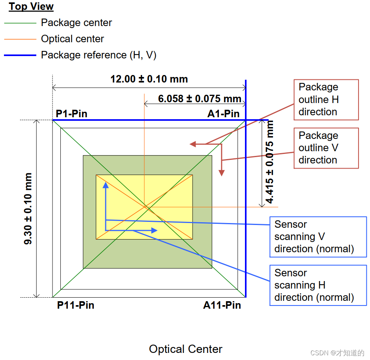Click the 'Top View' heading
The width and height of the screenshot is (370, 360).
(31, 7)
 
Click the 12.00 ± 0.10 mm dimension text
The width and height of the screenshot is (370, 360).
(149, 79)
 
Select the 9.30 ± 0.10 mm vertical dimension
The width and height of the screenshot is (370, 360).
(28, 208)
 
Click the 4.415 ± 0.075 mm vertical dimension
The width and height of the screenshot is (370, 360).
(270, 162)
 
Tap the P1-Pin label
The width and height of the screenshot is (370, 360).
(71, 114)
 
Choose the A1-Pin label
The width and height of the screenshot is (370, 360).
(223, 114)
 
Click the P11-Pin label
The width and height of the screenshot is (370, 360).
(75, 305)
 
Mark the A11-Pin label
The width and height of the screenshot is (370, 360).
(222, 305)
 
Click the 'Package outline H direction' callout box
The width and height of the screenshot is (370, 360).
(326, 99)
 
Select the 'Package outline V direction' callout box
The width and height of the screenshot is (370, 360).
(326, 148)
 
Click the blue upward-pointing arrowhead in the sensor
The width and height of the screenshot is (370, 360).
(105, 185)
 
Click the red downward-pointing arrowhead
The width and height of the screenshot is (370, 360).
(222, 172)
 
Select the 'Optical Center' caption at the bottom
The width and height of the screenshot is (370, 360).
(185, 349)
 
